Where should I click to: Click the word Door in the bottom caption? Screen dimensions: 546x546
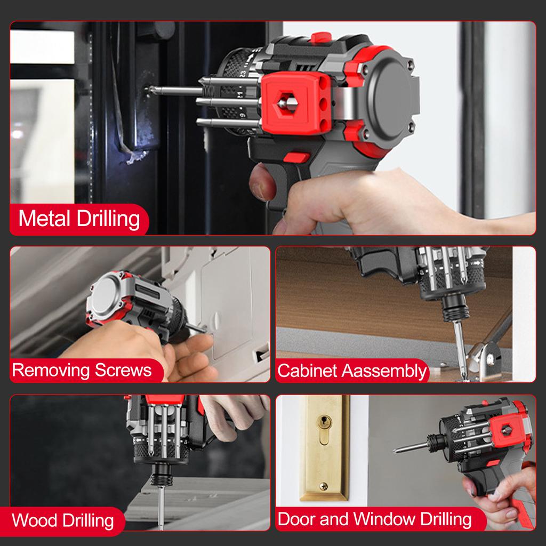tap(297, 519)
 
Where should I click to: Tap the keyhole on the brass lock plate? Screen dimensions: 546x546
tap(324, 424)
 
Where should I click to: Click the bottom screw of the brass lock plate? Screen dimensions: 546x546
tap(323, 486)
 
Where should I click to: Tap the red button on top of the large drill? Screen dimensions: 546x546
tap(321, 37)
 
